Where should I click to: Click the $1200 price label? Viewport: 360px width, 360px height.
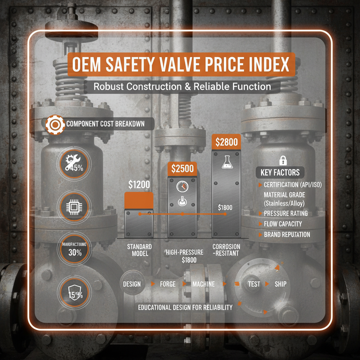tap(139, 184)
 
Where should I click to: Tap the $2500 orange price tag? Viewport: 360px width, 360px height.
tap(182, 168)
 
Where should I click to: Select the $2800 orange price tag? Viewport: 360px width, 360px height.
tap(226, 142)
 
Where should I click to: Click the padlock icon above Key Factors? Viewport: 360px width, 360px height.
tap(282, 161)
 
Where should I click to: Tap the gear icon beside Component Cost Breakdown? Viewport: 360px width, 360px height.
tap(55, 124)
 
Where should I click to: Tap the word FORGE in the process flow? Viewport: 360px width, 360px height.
tap(168, 284)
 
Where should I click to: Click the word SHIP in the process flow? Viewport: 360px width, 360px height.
tap(281, 284)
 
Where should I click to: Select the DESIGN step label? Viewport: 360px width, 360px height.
tap(132, 284)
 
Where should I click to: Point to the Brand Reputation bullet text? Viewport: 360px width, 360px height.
tap(287, 234)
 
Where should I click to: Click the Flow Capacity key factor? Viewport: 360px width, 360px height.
tap(283, 224)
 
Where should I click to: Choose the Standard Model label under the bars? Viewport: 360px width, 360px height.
tap(139, 250)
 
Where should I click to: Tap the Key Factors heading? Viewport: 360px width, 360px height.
tap(280, 173)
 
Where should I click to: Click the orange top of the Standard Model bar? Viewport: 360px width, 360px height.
tap(139, 200)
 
